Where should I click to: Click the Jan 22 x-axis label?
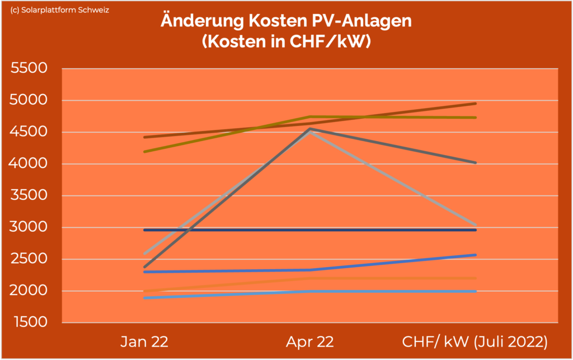coord(144,342)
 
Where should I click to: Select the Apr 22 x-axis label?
coord(310,342)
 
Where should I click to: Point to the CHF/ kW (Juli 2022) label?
coord(475,342)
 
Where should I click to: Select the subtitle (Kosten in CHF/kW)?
coord(286,43)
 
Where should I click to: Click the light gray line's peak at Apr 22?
coord(310,132)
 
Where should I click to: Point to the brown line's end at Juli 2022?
coord(475,104)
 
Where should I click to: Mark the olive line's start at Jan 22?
coord(145,152)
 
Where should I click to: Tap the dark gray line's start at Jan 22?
coord(145,267)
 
